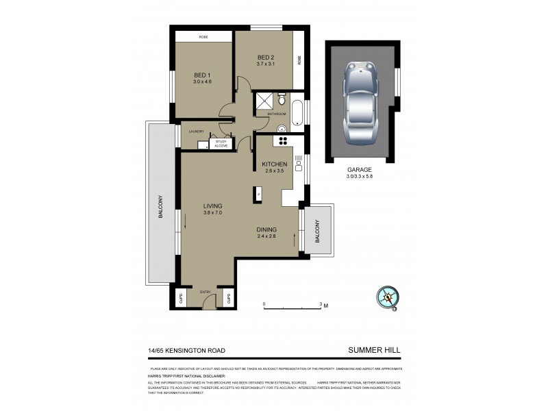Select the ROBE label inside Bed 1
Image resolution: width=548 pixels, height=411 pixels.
203,37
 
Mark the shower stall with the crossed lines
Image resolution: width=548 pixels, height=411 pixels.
264,101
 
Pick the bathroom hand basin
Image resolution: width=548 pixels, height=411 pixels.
282,129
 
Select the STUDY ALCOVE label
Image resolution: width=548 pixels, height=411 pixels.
221,143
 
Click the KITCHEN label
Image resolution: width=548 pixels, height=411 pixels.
274,164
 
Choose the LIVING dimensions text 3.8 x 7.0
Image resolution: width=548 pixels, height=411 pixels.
214,213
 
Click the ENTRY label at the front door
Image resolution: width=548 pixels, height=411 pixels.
206,292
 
